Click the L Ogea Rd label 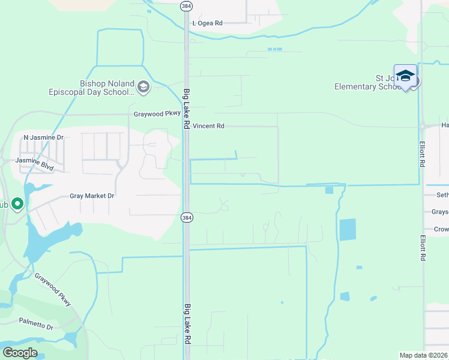[x=207, y=23]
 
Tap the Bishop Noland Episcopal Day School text [x=91, y=88]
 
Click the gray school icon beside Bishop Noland [x=143, y=88]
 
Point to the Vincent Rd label [x=208, y=127]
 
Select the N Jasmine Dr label [x=43, y=137]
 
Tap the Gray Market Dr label [x=92, y=196]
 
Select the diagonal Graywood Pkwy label [x=53, y=290]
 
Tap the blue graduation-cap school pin [x=405, y=76]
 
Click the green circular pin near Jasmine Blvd [x=17, y=204]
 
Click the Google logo [x=20, y=353]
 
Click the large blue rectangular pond [x=347, y=230]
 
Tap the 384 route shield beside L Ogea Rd [x=187, y=6]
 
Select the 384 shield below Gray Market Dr [x=187, y=217]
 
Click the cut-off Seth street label [x=442, y=195]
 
